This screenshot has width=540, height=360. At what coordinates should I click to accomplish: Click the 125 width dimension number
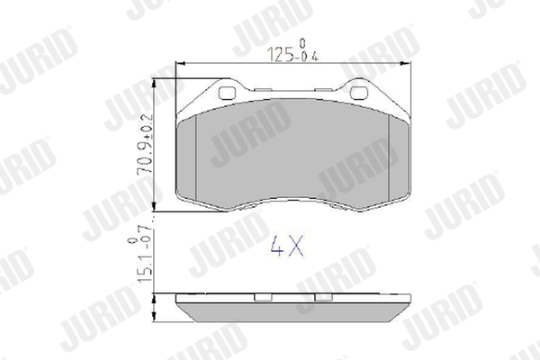point(280,54)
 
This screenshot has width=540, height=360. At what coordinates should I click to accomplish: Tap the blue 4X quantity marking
point(287,246)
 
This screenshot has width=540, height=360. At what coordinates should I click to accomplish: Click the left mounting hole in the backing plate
point(227,93)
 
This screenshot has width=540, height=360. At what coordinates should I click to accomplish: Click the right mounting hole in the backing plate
point(359,93)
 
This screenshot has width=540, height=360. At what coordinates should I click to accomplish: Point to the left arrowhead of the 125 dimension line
point(180,63)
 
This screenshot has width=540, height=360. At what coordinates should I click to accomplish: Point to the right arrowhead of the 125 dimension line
point(406,63)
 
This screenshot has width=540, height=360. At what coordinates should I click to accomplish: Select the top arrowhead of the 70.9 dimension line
point(154,84)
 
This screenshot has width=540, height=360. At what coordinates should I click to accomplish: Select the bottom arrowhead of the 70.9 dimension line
point(154,206)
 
